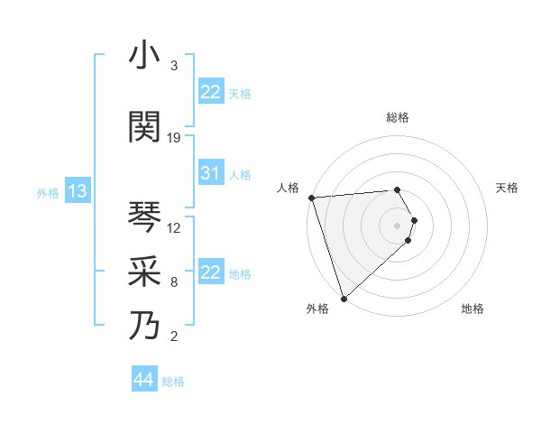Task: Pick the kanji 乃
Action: click(145, 325)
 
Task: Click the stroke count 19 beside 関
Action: click(174, 138)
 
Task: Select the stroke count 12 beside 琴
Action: click(174, 227)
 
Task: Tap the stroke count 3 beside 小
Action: click(174, 66)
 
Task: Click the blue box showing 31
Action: click(210, 174)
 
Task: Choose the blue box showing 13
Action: click(77, 191)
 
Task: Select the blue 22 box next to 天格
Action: click(210, 92)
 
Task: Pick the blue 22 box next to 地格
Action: click(210, 272)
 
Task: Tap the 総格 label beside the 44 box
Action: click(173, 382)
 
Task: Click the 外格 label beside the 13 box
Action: click(47, 193)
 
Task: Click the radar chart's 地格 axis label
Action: click(472, 309)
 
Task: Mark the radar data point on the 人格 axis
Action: click(311, 198)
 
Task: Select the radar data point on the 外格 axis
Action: click(344, 298)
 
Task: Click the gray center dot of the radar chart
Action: click(397, 225)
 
